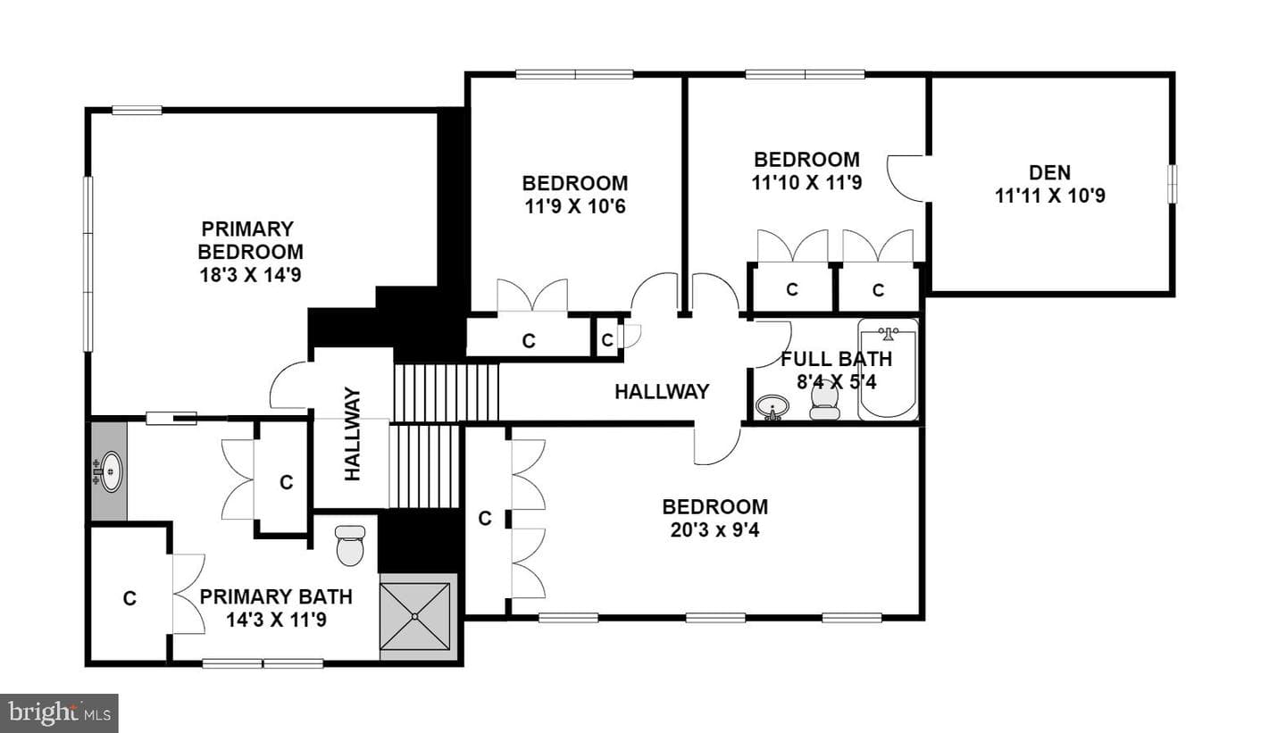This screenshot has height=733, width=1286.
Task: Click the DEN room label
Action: pyautogui.click(x=1049, y=172)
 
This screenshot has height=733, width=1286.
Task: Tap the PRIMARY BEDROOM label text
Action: pyautogui.click(x=250, y=240)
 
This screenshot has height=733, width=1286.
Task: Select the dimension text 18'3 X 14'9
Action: pyautogui.click(x=250, y=275)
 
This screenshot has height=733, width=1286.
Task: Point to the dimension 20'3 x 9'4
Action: pyautogui.click(x=714, y=529)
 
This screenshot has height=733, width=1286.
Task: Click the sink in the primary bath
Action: pyautogui.click(x=109, y=471)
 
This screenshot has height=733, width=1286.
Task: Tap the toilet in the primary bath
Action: pyautogui.click(x=350, y=546)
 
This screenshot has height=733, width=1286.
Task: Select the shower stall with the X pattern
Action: pyautogui.click(x=415, y=616)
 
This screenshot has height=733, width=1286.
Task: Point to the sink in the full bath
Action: pyautogui.click(x=772, y=407)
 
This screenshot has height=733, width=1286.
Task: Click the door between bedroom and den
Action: pyautogui.click(x=907, y=179)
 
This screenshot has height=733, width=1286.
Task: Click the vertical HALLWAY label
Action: pyautogui.click(x=352, y=434)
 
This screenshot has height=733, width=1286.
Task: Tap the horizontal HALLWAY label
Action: pyautogui.click(x=662, y=391)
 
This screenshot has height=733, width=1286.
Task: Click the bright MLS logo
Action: pyautogui.click(x=59, y=713)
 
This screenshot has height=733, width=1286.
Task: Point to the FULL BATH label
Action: pyautogui.click(x=837, y=359)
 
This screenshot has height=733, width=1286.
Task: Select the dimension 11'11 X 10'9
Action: pyautogui.click(x=1049, y=196)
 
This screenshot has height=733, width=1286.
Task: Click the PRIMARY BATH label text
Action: pyautogui.click(x=276, y=597)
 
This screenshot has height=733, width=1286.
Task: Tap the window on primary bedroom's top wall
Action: pyautogui.click(x=137, y=110)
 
